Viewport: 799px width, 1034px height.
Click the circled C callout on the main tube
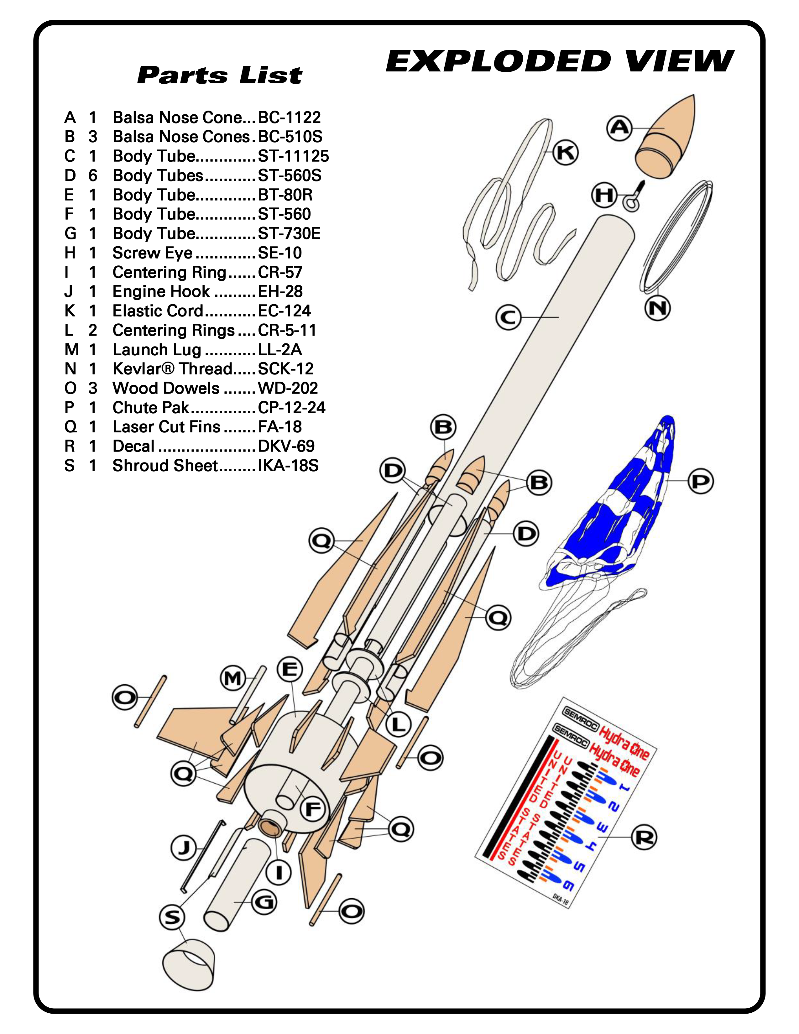point(508,317)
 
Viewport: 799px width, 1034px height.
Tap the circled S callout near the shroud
point(172,917)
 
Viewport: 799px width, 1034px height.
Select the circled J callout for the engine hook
point(184,848)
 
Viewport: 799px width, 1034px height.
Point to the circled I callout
point(279,872)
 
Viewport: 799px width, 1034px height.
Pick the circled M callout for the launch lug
point(233,678)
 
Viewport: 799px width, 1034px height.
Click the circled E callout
point(290,670)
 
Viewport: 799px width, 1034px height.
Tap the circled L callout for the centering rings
point(399,724)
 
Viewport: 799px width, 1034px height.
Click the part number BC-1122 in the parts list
point(289,118)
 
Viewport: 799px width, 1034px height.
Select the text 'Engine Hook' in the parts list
point(161,292)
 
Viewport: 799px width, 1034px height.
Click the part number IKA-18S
point(288,466)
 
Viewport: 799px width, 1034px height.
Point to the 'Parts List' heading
point(219,75)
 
